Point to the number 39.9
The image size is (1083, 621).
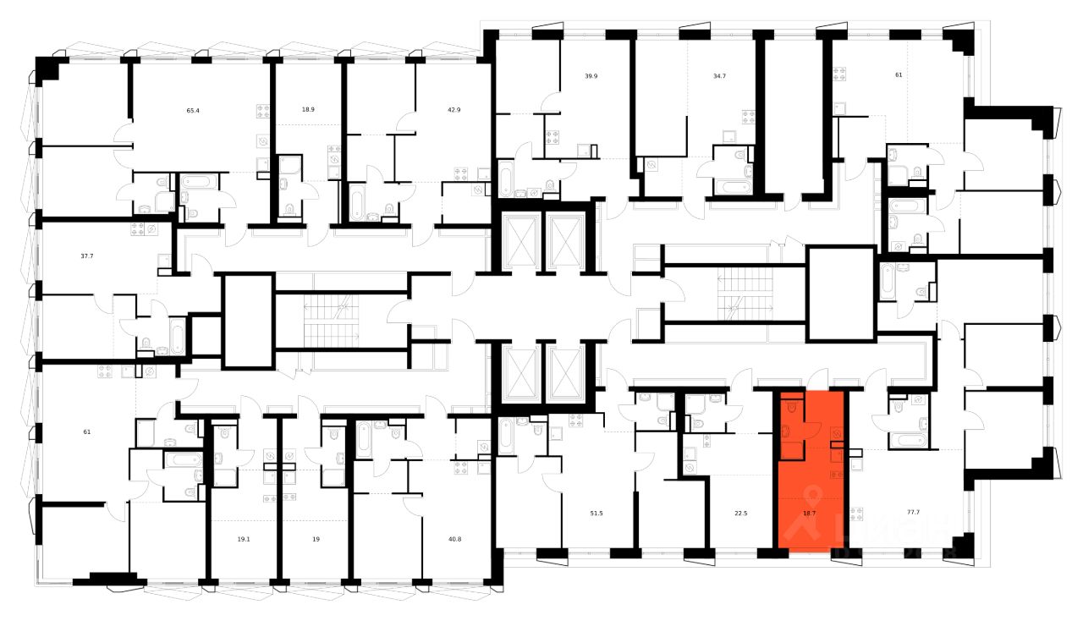pos(591,75)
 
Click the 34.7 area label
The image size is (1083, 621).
pos(720,75)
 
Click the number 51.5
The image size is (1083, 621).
pos(596,513)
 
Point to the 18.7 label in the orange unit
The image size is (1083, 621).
pos(809,513)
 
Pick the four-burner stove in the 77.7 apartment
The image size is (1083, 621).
pos(856,513)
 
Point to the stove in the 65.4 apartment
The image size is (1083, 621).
pos(262,110)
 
